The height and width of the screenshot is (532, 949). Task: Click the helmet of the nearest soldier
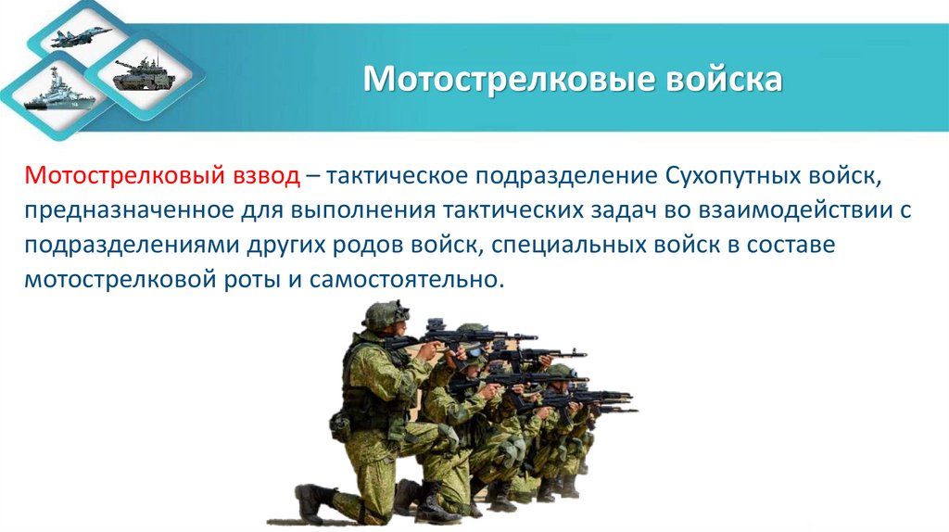point(385,315)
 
